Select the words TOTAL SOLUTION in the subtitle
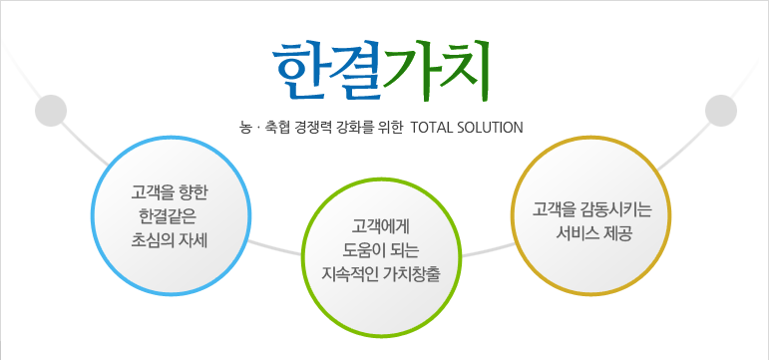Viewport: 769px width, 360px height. [467, 128]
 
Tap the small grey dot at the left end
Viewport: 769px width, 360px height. [50, 110]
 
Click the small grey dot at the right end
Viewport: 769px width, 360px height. [719, 110]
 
